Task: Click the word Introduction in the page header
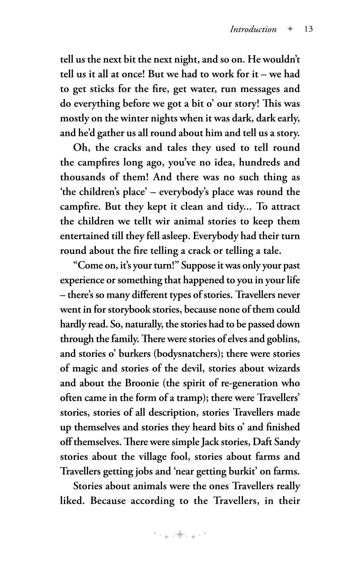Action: [253, 30]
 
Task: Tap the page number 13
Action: [308, 29]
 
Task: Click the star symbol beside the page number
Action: [291, 29]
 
